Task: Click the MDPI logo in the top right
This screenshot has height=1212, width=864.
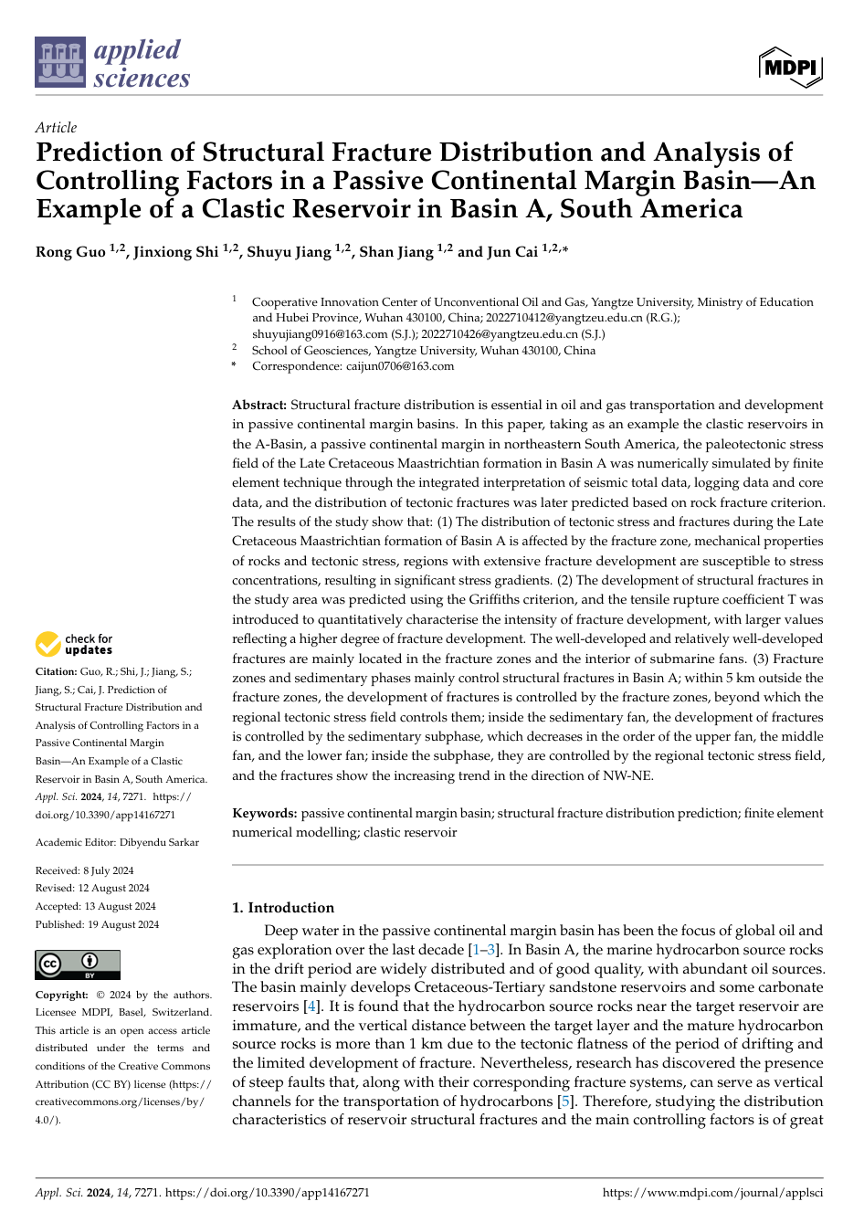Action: click(790, 68)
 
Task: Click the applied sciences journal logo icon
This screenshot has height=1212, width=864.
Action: click(60, 62)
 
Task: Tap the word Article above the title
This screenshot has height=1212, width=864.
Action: click(56, 128)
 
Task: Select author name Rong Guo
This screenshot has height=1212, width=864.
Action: click(71, 252)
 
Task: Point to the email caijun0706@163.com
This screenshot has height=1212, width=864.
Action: click(399, 366)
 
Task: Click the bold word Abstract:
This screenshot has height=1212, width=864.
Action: click(259, 405)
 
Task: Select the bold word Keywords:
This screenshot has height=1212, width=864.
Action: click(265, 813)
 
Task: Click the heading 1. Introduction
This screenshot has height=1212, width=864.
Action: click(283, 908)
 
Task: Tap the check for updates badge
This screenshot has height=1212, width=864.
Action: click(74, 645)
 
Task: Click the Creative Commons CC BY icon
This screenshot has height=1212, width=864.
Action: click(78, 964)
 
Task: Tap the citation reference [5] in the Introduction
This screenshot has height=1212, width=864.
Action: click(566, 1101)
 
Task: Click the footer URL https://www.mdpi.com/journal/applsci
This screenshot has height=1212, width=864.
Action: click(712, 1192)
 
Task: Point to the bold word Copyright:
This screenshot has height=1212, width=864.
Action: click(62, 995)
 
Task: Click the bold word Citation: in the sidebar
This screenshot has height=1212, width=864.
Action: click(57, 671)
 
